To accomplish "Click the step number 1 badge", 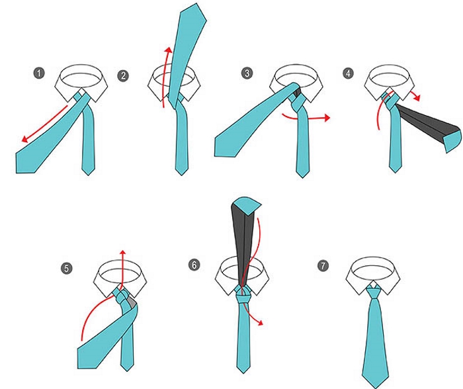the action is (39, 73).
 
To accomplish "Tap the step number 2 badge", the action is (123, 76).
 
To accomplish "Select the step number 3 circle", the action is (247, 73).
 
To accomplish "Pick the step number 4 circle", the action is (349, 73).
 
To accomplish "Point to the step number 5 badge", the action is (67, 269).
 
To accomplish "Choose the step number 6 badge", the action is (194, 265).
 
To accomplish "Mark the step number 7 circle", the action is (323, 265).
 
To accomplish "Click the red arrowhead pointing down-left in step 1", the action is (25, 138).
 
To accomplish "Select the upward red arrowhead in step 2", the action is (169, 50).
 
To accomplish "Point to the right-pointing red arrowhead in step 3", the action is (326, 118).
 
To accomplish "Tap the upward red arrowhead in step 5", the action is (122, 253).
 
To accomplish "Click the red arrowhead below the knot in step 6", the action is (260, 323).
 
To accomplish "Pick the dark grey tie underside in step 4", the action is (425, 121).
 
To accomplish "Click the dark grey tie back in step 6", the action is (243, 242).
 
